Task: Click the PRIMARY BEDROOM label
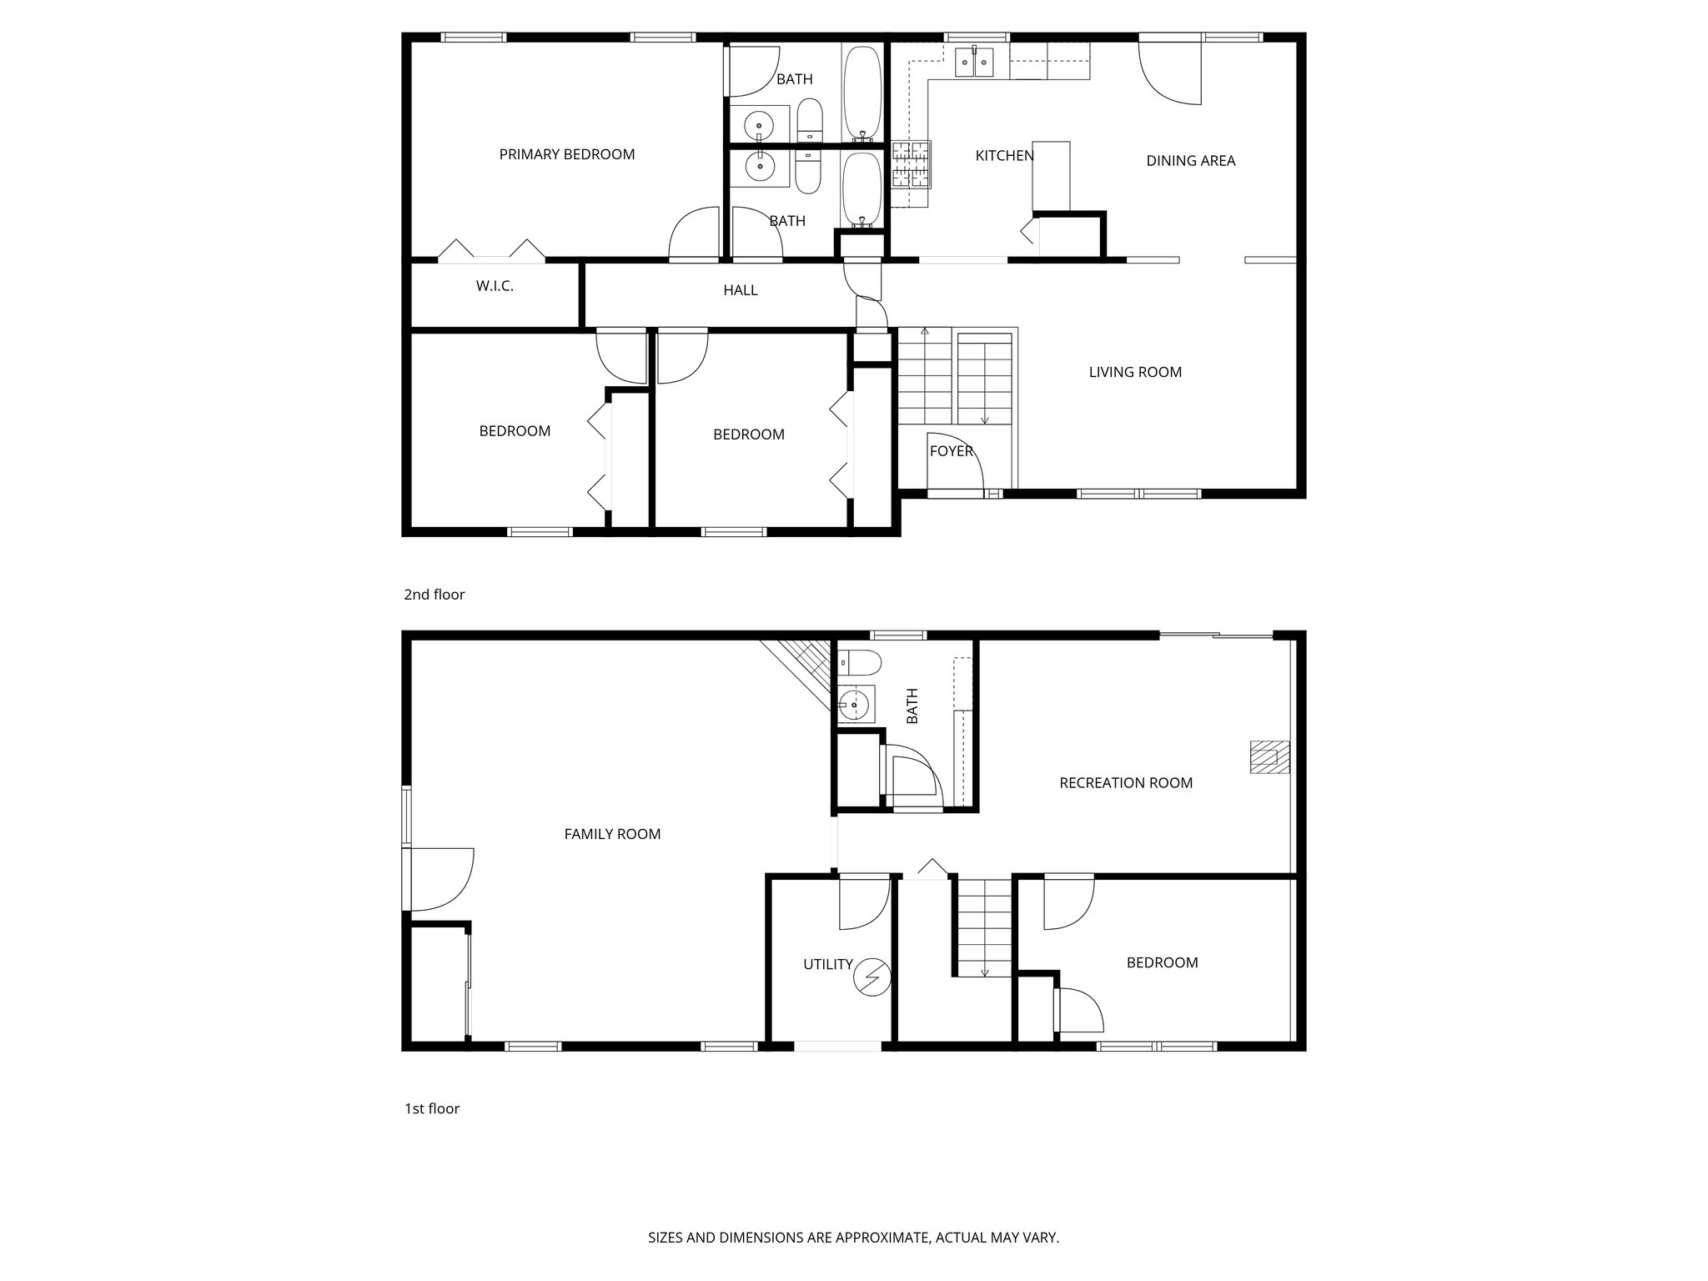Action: pyautogui.click(x=566, y=154)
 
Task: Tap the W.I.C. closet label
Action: pyautogui.click(x=495, y=286)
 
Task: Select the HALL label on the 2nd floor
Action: pyautogui.click(x=740, y=290)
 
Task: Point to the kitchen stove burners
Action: pyautogui.click(x=911, y=163)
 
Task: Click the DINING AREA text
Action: pyautogui.click(x=1190, y=161)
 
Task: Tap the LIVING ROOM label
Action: pyautogui.click(x=1134, y=372)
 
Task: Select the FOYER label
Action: pyautogui.click(x=951, y=451)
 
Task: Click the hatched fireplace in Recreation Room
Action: pyautogui.click(x=1268, y=756)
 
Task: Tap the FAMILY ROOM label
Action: pyautogui.click(x=612, y=834)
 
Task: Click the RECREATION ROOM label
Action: pyautogui.click(x=1125, y=782)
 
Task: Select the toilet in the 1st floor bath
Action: pyautogui.click(x=858, y=663)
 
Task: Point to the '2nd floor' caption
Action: pyautogui.click(x=434, y=595)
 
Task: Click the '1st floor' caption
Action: pyautogui.click(x=432, y=1108)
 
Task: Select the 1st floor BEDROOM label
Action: pyautogui.click(x=1162, y=962)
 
